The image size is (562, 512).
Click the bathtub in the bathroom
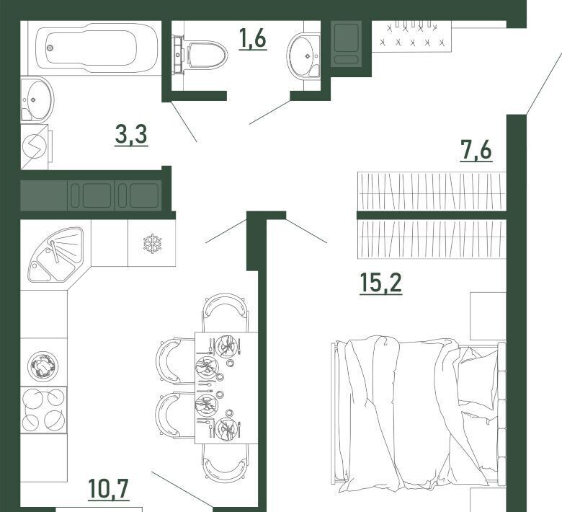click(97, 48)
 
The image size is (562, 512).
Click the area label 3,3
click(131, 135)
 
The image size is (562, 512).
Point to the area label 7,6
click(476, 150)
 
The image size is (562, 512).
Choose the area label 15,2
click(380, 283)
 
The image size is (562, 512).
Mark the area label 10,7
click(108, 489)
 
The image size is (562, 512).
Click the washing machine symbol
click(35, 146)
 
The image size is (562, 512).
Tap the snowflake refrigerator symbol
click(152, 244)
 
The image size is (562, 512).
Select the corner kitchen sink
click(56, 254)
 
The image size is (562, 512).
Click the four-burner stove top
click(44, 410)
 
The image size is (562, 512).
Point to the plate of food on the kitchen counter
click(43, 366)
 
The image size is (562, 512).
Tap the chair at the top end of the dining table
click(225, 313)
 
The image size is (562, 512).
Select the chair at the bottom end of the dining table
click(225, 464)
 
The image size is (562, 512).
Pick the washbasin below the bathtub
click(37, 100)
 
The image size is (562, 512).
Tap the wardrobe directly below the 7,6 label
click(432, 191)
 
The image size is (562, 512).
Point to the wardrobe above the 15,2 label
click(432, 239)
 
